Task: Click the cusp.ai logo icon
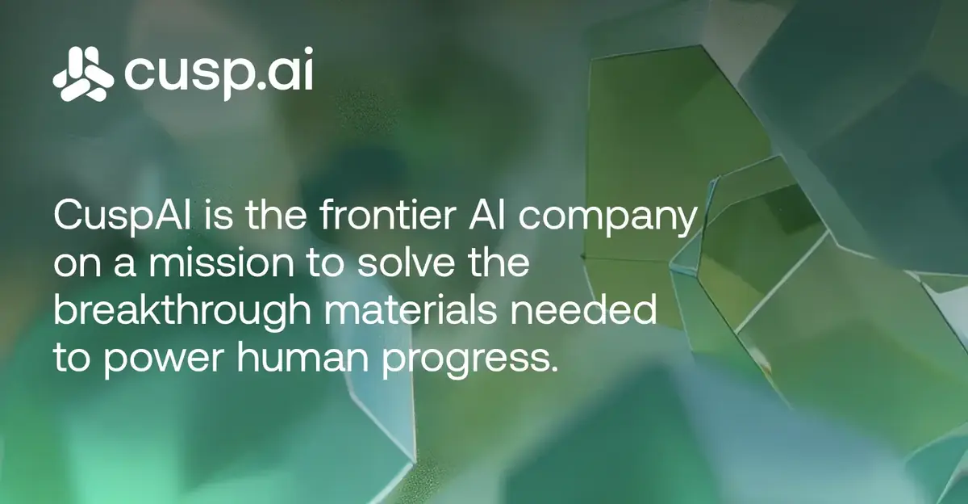click(x=83, y=74)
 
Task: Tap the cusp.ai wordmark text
click(x=219, y=74)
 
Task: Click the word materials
click(x=411, y=310)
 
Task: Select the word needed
click(x=583, y=310)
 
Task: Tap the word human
click(x=302, y=357)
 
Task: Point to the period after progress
click(x=553, y=368)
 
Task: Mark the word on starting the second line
click(x=77, y=266)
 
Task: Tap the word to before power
click(x=72, y=359)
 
